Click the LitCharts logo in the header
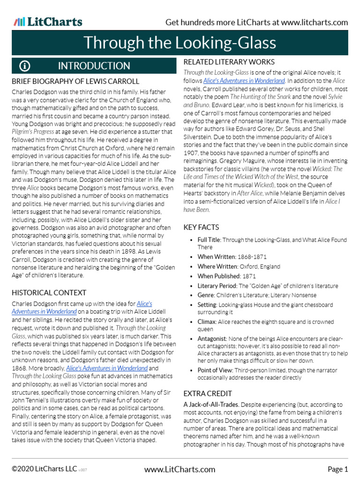pyautogui.click(x=48, y=22)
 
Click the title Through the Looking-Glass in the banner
pyautogui.click(x=180, y=43)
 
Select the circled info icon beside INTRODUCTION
pyautogui.click(x=25, y=66)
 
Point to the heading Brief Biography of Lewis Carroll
pyautogui.click(x=75, y=81)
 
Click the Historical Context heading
pyautogui.click(x=49, y=292)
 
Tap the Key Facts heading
pyautogui.click(x=201, y=227)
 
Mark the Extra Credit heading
pyautogui.click(x=208, y=393)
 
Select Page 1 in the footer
pyautogui.click(x=337, y=469)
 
